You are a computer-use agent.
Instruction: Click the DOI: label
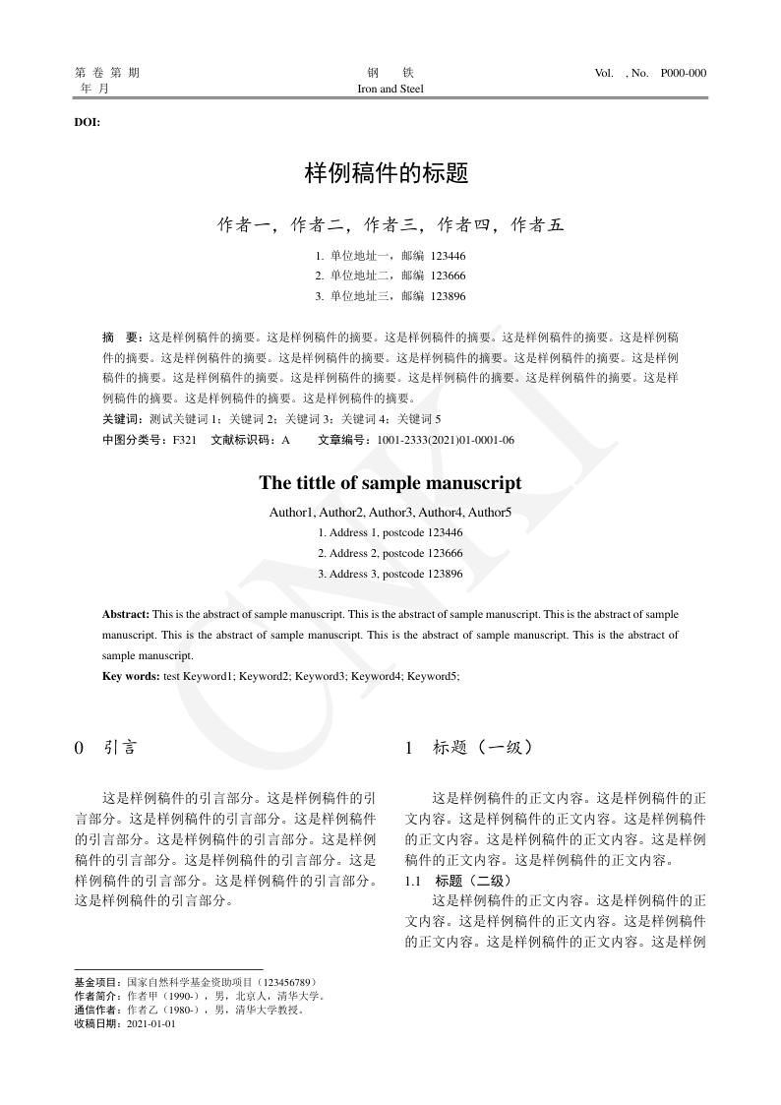tap(88, 123)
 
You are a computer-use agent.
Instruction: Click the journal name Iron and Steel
tap(390, 89)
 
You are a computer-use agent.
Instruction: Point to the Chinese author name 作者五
tap(537, 225)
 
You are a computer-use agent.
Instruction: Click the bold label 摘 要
tap(123, 337)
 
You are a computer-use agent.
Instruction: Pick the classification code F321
tap(185, 440)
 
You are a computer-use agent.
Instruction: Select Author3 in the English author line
tap(391, 513)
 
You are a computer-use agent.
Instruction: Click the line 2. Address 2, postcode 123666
tap(390, 553)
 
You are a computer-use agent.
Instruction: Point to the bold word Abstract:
tap(126, 614)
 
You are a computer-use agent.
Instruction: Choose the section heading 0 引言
tap(106, 748)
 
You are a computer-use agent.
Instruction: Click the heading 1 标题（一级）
tap(469, 748)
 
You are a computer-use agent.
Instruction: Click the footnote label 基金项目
tap(96, 982)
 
